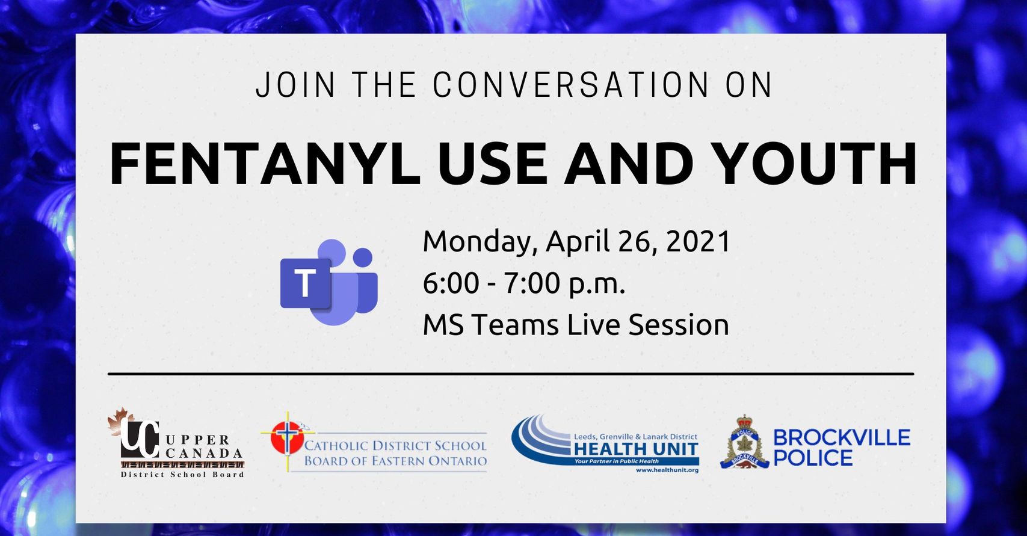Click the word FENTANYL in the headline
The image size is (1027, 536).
pos(265,164)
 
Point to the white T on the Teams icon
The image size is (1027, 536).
pos(305,283)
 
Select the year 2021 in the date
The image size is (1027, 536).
pos(697,242)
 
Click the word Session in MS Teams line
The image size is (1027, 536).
pos(679,325)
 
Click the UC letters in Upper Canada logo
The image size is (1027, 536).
pos(140,439)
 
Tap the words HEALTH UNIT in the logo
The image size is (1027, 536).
pos(636,449)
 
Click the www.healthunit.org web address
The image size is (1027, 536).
pos(667,470)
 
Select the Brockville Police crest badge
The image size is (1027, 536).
pos(744,443)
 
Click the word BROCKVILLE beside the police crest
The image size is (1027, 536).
pos(842,438)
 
